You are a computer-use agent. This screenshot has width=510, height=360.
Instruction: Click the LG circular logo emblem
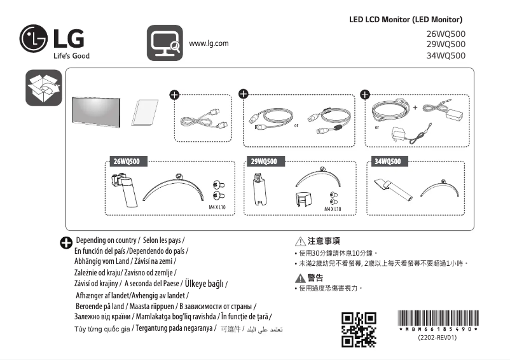(x=34, y=39)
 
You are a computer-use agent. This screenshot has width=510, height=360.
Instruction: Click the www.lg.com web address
(x=209, y=43)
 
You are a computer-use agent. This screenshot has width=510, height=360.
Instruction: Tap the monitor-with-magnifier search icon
(x=165, y=43)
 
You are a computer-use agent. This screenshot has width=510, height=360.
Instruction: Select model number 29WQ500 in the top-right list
(x=445, y=45)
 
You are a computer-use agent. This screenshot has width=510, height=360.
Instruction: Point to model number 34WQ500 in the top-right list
(x=445, y=55)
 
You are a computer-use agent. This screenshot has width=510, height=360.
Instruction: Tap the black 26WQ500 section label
(x=130, y=162)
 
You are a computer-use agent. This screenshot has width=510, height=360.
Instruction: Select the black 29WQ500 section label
(x=263, y=162)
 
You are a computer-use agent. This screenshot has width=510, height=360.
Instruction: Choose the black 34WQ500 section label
(x=387, y=162)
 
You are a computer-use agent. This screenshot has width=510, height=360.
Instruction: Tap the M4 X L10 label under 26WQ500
(x=219, y=207)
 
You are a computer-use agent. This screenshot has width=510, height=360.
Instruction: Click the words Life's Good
(x=71, y=55)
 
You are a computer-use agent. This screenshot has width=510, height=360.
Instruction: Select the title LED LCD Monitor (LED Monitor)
(x=406, y=20)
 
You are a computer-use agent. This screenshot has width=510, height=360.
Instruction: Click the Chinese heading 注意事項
(x=323, y=242)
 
